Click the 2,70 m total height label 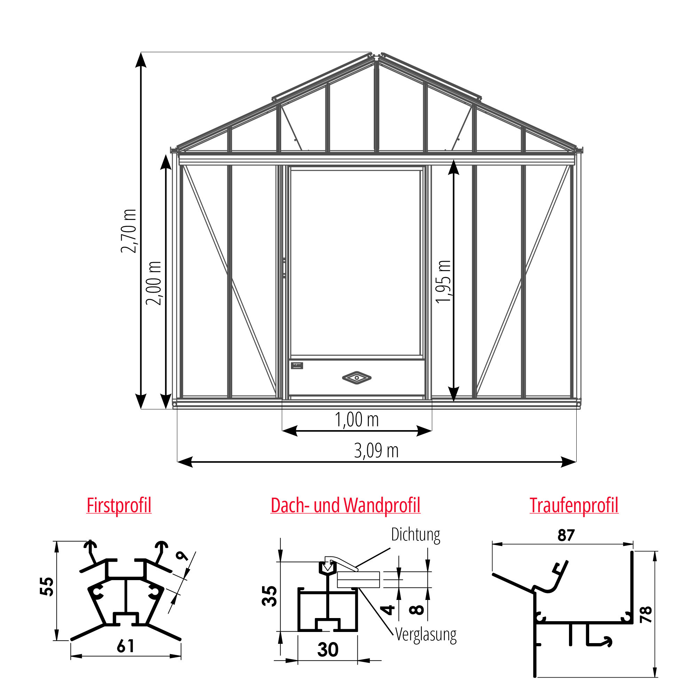tap(129, 231)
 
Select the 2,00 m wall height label tap(153, 283)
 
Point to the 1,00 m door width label tap(357, 420)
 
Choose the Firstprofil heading tap(119, 505)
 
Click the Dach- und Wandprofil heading tap(346, 505)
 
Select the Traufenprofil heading tap(574, 505)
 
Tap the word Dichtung tap(416, 535)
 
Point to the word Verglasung tap(426, 634)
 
